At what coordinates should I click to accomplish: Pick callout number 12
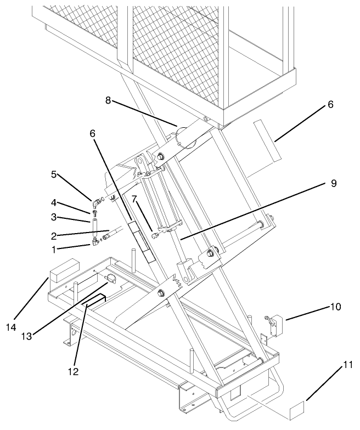[73, 371]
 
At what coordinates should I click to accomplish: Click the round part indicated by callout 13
[110, 279]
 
